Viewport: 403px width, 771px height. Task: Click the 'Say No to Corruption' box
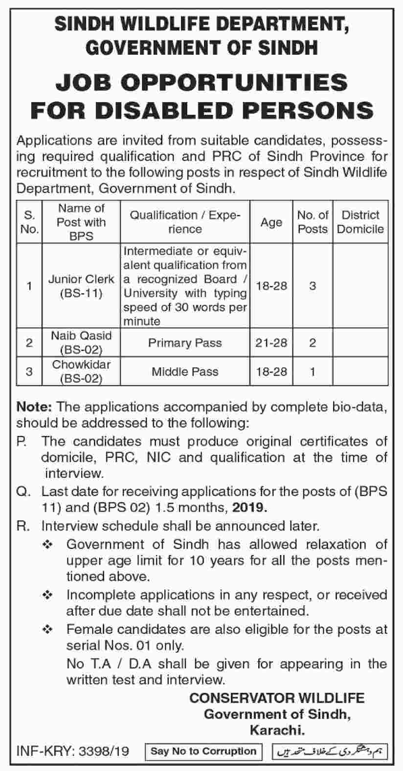(203, 751)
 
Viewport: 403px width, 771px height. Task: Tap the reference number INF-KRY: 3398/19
(73, 751)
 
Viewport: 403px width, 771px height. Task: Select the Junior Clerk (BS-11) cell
(81, 286)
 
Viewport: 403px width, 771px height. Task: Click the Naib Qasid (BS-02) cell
(81, 343)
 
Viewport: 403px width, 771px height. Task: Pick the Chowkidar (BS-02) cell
(81, 371)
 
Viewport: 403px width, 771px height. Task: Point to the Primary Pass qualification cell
(185, 343)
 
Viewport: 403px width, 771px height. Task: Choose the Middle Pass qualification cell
(185, 371)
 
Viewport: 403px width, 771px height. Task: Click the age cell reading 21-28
(271, 343)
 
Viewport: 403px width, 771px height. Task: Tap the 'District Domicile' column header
(360, 222)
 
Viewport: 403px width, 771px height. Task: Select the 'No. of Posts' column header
(313, 222)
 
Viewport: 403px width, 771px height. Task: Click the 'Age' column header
(271, 222)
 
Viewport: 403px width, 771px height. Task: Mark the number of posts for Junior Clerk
(313, 286)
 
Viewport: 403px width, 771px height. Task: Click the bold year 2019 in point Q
(250, 508)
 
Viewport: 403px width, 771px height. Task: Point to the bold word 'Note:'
(35, 406)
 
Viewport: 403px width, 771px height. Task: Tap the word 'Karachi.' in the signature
(277, 730)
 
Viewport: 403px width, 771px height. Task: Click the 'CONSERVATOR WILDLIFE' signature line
(277, 698)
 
